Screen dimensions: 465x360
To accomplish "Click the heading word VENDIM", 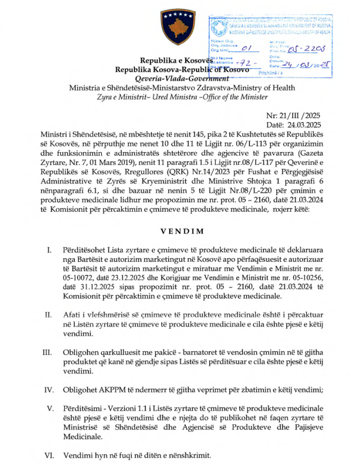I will (x=179, y=231).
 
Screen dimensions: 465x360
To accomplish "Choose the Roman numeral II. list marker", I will (x=47, y=314).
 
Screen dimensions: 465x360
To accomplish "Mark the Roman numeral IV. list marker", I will (x=47, y=390).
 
